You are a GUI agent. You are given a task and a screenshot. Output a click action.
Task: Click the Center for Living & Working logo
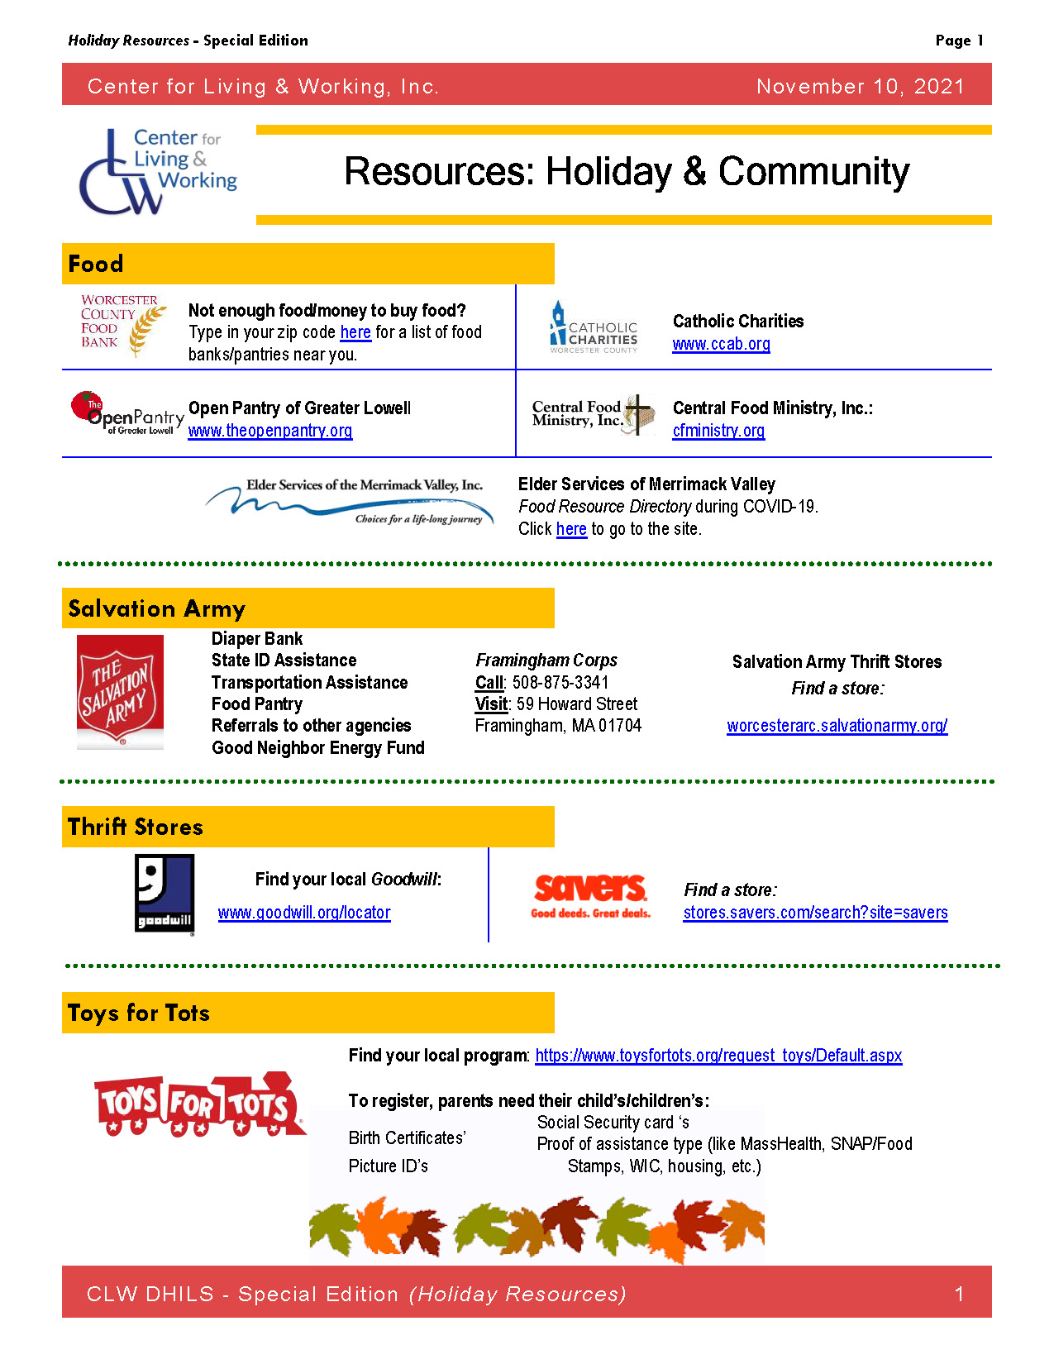click(x=157, y=171)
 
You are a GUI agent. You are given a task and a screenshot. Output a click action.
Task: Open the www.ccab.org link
click(x=721, y=344)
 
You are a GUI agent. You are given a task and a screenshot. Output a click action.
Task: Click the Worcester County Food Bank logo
click(x=122, y=325)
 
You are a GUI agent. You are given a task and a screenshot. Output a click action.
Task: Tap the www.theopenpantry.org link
click(x=269, y=431)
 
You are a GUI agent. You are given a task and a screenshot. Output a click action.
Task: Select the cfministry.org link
click(x=718, y=431)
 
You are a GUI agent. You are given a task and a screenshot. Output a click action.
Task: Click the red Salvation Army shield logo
click(x=120, y=691)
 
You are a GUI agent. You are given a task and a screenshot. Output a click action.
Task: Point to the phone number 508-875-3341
click(x=560, y=683)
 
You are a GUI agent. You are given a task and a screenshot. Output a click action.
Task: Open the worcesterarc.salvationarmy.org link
click(x=837, y=726)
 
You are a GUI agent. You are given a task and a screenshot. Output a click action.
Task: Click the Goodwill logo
click(x=165, y=894)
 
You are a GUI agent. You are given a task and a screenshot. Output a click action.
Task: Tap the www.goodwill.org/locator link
click(x=304, y=913)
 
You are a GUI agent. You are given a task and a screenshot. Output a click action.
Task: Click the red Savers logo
click(x=590, y=895)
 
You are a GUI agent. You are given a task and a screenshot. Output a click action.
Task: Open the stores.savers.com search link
click(x=815, y=913)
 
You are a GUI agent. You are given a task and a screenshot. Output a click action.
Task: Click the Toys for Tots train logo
click(x=199, y=1104)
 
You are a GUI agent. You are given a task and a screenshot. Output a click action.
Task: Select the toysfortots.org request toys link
click(x=718, y=1056)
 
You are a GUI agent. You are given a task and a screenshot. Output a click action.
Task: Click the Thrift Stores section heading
click(x=136, y=827)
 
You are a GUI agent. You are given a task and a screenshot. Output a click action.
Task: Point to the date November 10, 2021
click(x=860, y=87)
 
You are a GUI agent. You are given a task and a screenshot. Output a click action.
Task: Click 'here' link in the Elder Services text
click(x=571, y=529)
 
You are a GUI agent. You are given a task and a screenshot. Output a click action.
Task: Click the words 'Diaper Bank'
click(x=257, y=639)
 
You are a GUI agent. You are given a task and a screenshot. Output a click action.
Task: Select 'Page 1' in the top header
click(x=959, y=41)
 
